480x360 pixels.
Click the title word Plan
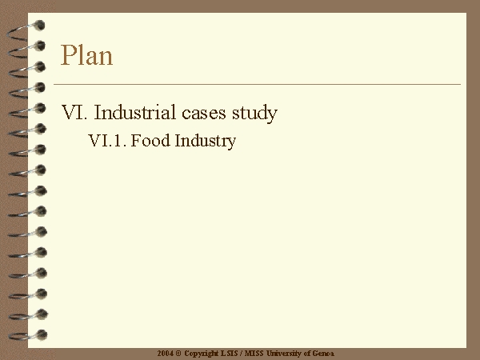pos(86,55)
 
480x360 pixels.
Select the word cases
pos(203,114)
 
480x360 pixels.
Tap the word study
pos(254,114)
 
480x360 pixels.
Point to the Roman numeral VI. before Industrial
pos(74,112)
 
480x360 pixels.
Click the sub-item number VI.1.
pos(107,141)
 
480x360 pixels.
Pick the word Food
pos(150,141)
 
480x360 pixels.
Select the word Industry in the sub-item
pos(206,142)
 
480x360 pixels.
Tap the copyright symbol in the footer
pos(178,354)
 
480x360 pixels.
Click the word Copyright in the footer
pos(202,354)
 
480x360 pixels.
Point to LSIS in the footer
pos(230,354)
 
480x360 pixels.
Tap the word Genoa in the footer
pos(323,354)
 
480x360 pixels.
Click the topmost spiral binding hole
pos(39,26)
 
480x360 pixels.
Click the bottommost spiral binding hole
pos(42,334)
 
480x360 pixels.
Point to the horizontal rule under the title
pos(257,84)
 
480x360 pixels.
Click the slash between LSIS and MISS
pos(242,354)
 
